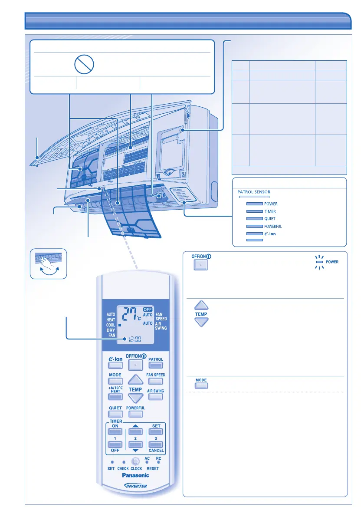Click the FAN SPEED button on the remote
(x=156, y=382)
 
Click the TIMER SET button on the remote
(x=156, y=432)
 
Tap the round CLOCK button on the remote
(x=136, y=462)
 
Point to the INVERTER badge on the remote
(x=136, y=486)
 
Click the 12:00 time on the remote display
(x=131, y=337)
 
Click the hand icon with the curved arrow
(x=49, y=263)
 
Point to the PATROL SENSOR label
(x=254, y=192)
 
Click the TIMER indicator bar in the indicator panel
(x=254, y=211)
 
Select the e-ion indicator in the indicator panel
(x=254, y=234)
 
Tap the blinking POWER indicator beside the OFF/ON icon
(x=319, y=262)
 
